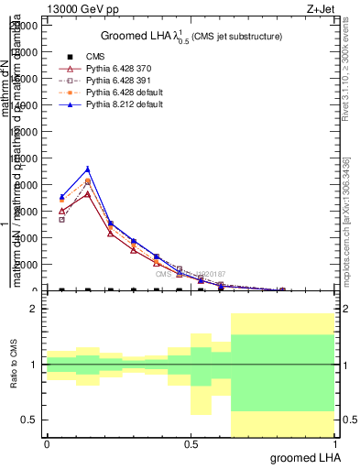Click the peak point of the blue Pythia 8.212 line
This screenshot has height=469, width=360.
[x=87, y=169]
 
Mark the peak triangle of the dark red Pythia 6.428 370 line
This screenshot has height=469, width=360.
[x=87, y=194]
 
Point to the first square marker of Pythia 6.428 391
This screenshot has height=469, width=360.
[x=61, y=220]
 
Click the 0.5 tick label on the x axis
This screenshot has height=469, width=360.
[x=191, y=444]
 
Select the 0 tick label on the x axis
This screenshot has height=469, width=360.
[x=47, y=444]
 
